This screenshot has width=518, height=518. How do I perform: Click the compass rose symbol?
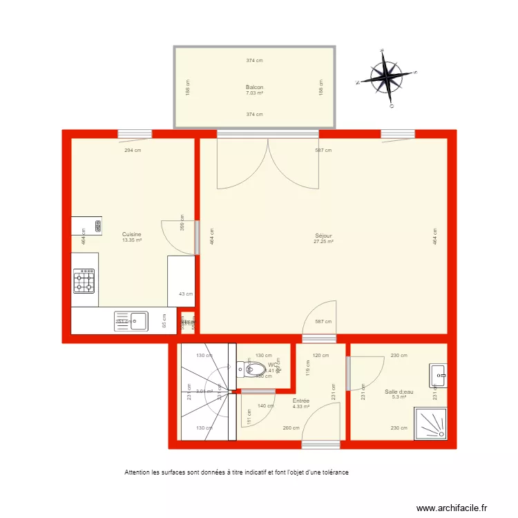(387, 76)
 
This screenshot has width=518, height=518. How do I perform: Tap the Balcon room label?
(254, 87)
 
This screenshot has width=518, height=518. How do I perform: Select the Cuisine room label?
(131, 235)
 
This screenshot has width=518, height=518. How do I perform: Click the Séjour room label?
(323, 236)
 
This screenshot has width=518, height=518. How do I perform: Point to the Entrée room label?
(300, 401)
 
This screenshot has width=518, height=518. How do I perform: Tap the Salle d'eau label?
(399, 392)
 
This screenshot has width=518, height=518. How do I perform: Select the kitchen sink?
(139, 320)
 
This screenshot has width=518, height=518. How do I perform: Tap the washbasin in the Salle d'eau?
(438, 375)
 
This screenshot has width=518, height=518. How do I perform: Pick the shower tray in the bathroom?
(430, 422)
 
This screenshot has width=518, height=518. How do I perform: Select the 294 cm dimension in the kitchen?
(133, 150)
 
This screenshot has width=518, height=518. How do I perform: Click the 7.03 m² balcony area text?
(254, 93)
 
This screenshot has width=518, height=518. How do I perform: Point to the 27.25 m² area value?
(323, 242)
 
